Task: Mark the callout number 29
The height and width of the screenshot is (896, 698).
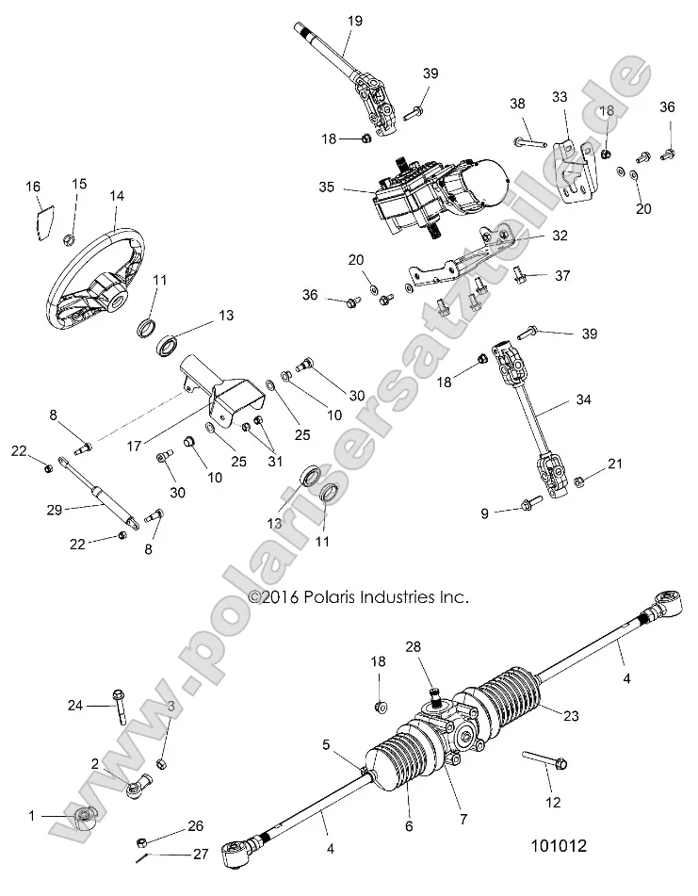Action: coord(53,510)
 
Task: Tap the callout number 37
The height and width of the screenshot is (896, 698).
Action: coord(562,275)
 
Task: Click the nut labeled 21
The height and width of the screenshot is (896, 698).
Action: coord(580,481)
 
